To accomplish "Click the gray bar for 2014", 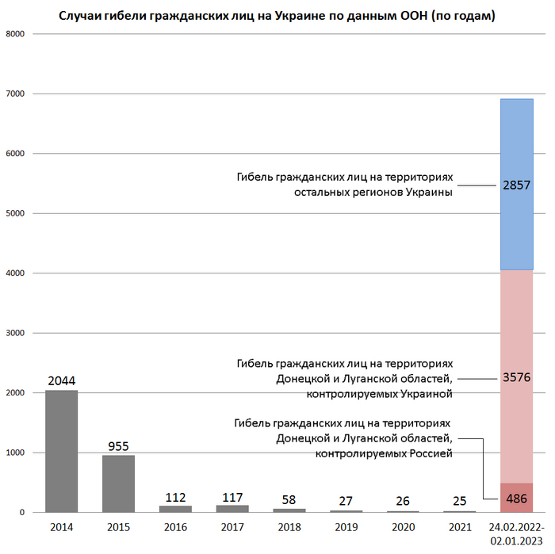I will pos(62,451).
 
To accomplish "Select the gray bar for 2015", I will pos(118,483).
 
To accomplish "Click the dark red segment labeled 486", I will pos(516,498).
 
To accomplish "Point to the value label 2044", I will pos(62,380).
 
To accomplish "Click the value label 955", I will pos(118,446).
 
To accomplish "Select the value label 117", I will pos(232,497).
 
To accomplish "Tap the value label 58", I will pos(289,500).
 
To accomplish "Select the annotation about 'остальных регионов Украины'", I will pos(343,185).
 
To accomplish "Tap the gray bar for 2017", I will pos(232,509).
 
